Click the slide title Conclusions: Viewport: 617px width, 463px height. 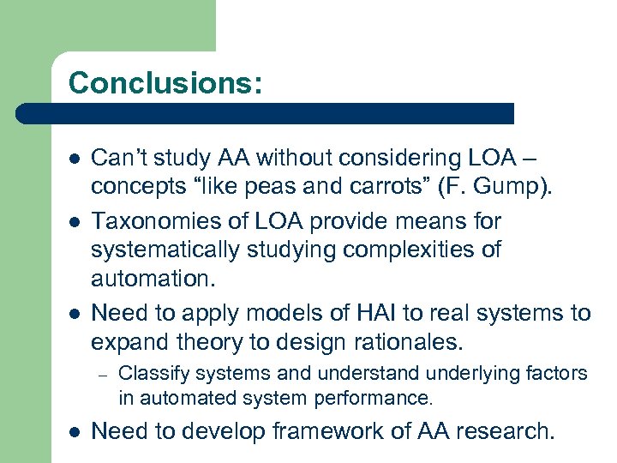point(165,82)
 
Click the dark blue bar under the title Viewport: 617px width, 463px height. point(266,113)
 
